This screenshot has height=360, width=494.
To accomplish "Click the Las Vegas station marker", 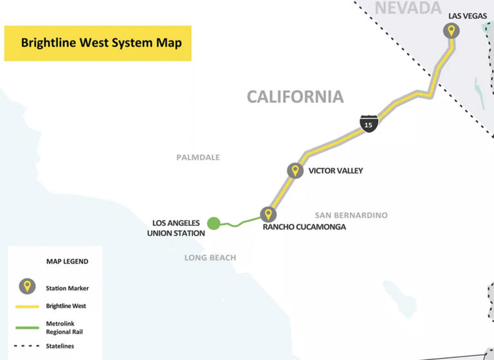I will point(452,30).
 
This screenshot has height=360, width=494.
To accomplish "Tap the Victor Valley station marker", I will point(295,170).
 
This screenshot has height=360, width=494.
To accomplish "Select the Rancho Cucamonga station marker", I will point(268,214).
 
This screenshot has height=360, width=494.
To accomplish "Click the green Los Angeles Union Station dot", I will point(214,223).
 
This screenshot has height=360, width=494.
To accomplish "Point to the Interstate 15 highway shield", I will point(368,123).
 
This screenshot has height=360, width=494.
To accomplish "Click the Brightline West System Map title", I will point(101,43).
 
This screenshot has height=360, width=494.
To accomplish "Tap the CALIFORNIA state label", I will point(295,97).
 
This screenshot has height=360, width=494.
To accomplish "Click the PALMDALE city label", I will point(198,157).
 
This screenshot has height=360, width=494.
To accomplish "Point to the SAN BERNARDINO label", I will point(351,215).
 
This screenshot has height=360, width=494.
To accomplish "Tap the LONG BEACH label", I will point(210,258).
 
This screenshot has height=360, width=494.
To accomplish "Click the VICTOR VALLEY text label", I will point(336,171).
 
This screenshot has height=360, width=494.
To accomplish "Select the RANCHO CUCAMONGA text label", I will point(304,227).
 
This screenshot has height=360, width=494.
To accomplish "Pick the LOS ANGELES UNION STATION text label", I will point(176,228).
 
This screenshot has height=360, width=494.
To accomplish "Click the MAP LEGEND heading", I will point(68,262).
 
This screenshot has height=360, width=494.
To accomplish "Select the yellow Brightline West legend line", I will point(26,307).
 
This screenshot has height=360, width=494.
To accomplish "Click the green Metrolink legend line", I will point(26,327).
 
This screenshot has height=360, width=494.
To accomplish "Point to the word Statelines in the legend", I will point(60,346).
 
